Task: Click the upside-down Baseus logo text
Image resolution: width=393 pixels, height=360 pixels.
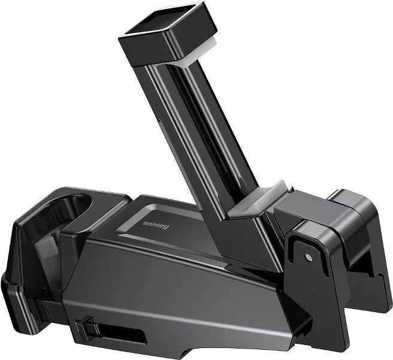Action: pos(156,225)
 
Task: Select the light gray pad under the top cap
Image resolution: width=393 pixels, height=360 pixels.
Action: pos(198,54)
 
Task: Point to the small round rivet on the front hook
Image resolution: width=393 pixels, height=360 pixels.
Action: pos(308,258)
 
